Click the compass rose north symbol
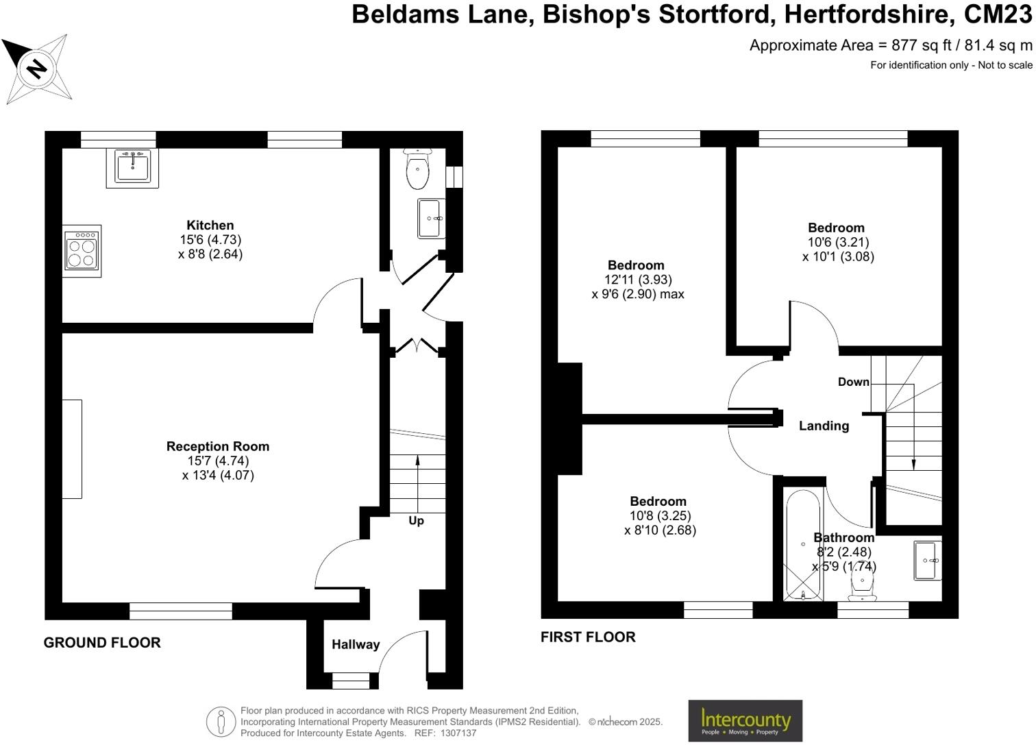pyautogui.click(x=38, y=69)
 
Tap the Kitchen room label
pyautogui.click(x=210, y=225)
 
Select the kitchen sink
pyautogui.click(x=132, y=166)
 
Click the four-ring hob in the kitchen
pyautogui.click(x=82, y=251)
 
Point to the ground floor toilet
pyautogui.click(x=417, y=169)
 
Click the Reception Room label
pyautogui.click(x=218, y=446)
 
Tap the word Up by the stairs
pyautogui.click(x=416, y=520)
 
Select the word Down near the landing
pyautogui.click(x=853, y=382)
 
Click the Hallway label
pyautogui.click(x=355, y=644)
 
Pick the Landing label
pyautogui.click(x=824, y=426)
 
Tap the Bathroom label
pyautogui.click(x=843, y=537)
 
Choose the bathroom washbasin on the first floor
pyautogui.click(x=927, y=561)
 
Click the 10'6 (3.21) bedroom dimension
pyautogui.click(x=838, y=242)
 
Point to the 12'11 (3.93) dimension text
pyautogui.click(x=637, y=280)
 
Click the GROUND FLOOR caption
pyautogui.click(x=102, y=642)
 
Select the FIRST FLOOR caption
pyautogui.click(x=588, y=637)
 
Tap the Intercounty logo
pyautogui.click(x=745, y=720)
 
